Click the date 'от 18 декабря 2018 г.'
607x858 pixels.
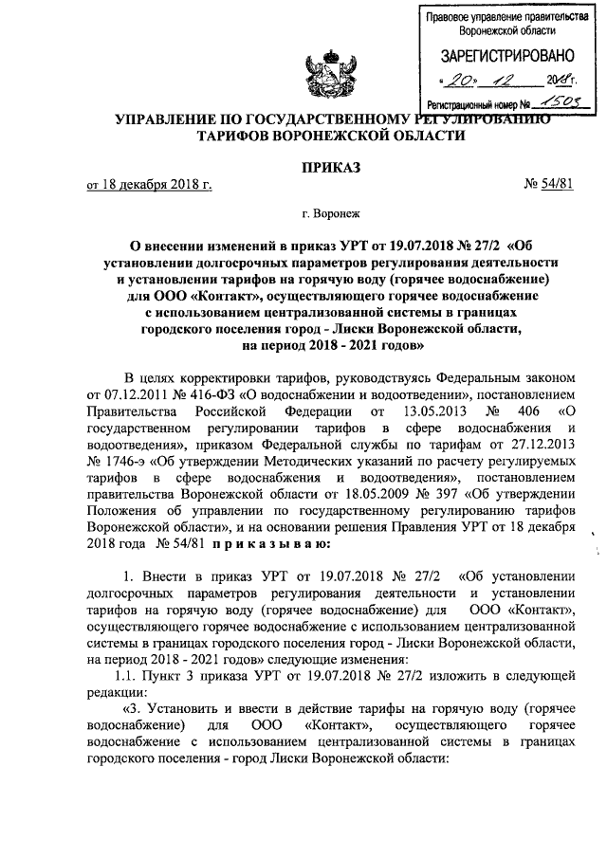(149, 186)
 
